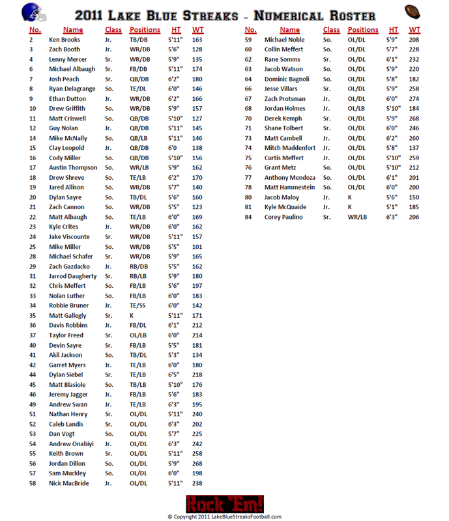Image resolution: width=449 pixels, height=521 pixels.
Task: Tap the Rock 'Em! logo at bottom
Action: coord(224,503)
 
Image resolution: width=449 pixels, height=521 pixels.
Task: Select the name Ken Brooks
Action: coord(65,40)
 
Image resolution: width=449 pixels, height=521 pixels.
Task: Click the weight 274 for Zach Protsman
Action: coord(414,99)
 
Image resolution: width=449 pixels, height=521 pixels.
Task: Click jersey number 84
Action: coord(248,217)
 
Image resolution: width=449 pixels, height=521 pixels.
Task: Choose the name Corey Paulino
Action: coord(284,217)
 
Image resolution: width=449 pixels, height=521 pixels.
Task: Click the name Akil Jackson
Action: coord(65,355)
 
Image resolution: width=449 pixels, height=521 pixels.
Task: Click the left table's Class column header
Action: coord(113,29)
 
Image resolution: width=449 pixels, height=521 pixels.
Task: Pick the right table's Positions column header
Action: coord(363,29)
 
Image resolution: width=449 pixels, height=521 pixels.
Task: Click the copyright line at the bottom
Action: coord(224,516)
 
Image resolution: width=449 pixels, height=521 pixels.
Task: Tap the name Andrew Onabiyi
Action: coord(71,444)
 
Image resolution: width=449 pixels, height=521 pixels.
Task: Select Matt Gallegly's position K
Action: coord(132,315)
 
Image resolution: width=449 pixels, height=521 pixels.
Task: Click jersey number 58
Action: coord(32,483)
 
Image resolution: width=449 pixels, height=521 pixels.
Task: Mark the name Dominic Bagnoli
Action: coord(287,79)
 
